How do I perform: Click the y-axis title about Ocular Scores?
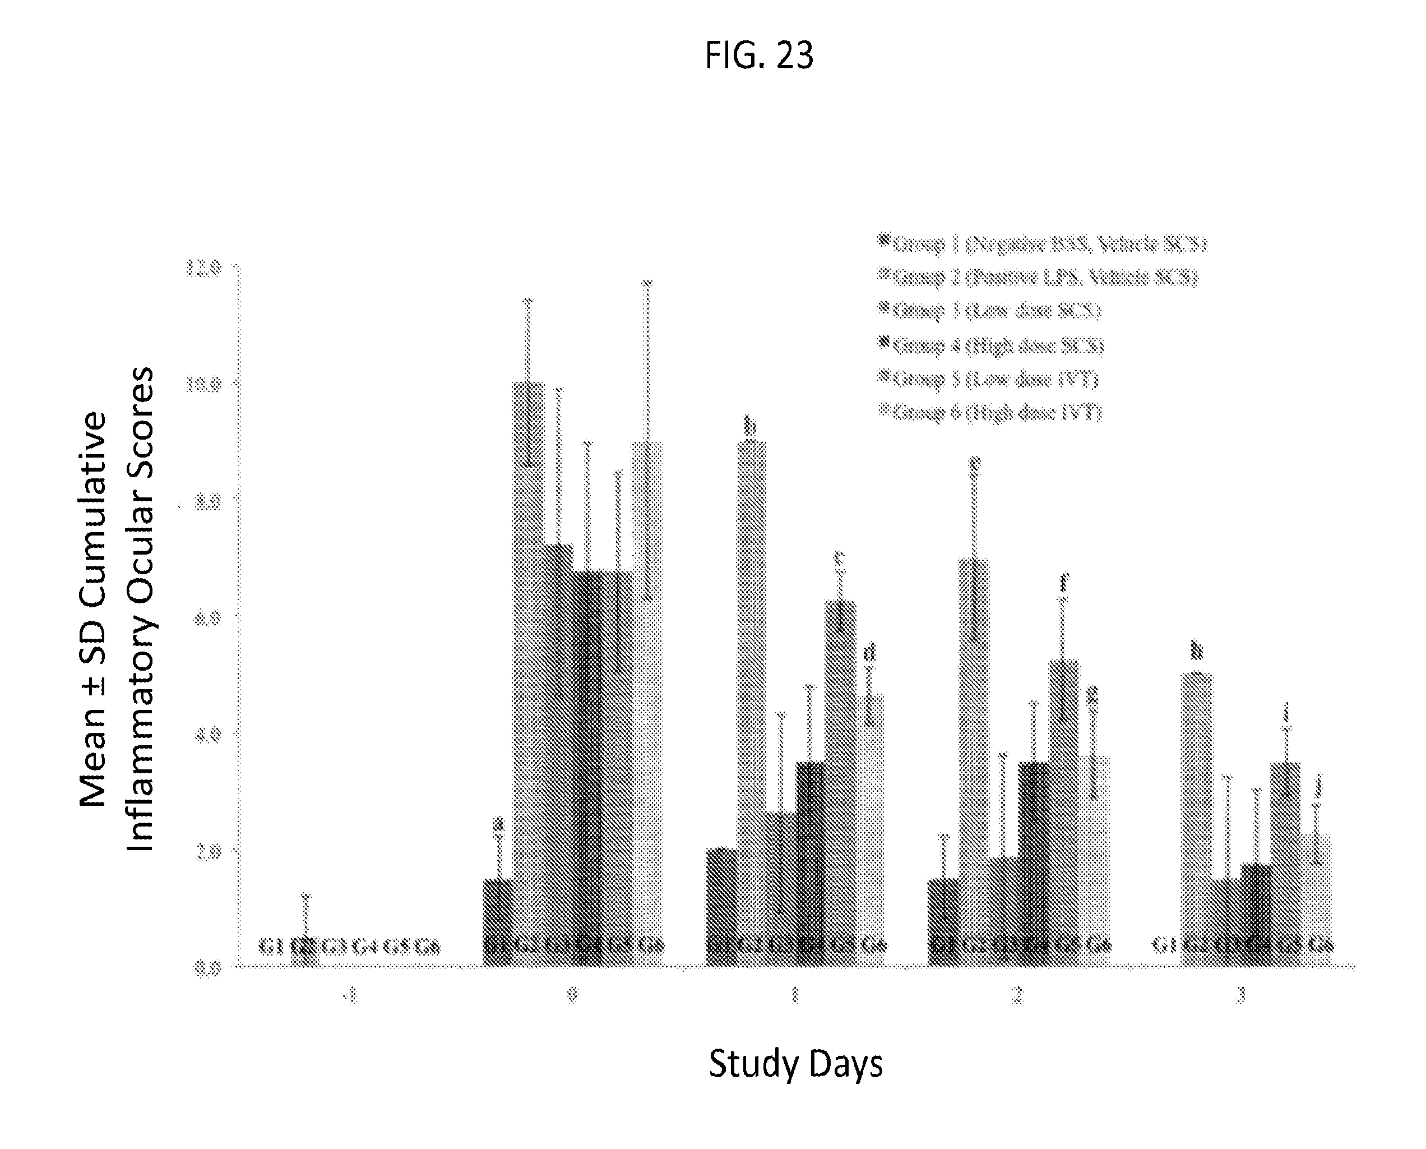[117, 609]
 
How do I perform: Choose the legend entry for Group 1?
[1044, 244]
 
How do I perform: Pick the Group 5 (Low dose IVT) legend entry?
[989, 379]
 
